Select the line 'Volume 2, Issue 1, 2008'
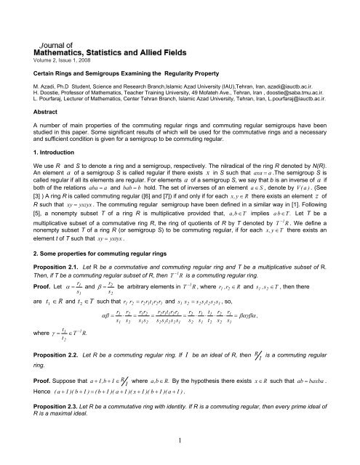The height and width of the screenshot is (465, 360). coord(56,31)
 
